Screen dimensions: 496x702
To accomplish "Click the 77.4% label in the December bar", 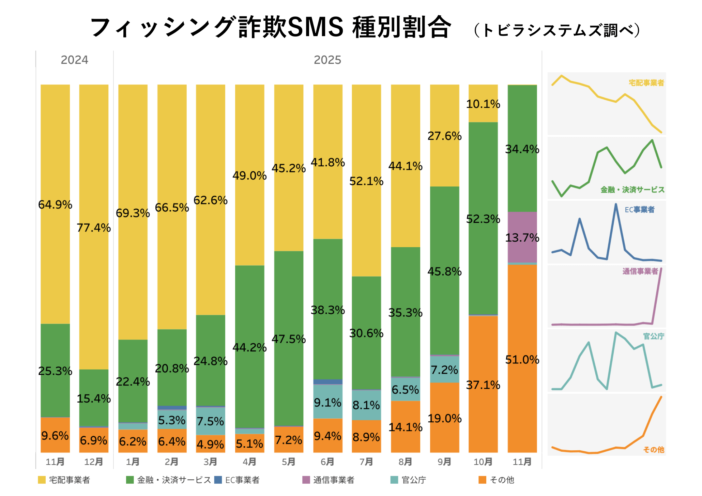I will pos(94,228).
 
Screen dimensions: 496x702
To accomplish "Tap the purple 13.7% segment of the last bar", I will pos(522,237).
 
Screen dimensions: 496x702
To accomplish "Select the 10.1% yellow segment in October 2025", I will pos(483,104).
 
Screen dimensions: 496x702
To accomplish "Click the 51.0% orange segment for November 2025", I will pos(522,359).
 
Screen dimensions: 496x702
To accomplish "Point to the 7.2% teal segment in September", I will pos(444,370).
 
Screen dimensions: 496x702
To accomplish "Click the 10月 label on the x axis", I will pos(483,462).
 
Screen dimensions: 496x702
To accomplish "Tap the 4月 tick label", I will pos(249,462).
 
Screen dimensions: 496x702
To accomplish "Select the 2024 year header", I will pos(74,60).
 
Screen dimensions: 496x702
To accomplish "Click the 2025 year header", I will pos(327,60).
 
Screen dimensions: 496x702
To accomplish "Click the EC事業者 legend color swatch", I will pos(218,480).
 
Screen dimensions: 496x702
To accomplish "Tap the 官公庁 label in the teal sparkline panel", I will pos(653,336).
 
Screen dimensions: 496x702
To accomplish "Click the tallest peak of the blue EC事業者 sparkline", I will pos(616,205).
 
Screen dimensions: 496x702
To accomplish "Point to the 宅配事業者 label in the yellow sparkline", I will pos(646,83).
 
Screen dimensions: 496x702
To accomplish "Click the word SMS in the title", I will pos(316,27).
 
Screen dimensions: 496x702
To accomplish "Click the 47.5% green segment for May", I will pos(289,339).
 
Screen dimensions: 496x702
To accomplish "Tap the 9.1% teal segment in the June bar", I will pos(327,402).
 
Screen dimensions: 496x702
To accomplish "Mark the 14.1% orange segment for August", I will pos(405,427).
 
